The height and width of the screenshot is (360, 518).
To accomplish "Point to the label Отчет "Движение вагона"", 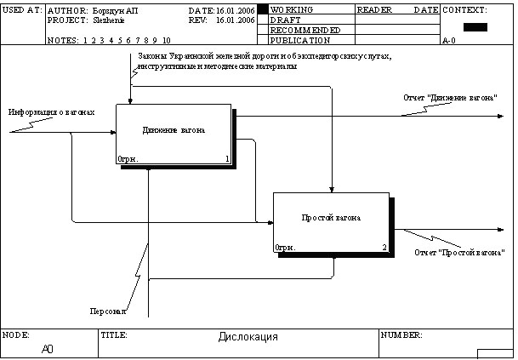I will point(450,98).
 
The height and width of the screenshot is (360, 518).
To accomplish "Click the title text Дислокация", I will point(248,338).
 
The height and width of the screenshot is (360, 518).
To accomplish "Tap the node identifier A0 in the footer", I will point(48,348).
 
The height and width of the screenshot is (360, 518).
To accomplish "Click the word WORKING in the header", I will point(291,9).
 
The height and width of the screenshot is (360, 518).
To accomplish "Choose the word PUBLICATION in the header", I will point(300,40).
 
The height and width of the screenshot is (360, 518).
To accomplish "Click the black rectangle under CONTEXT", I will point(475,27).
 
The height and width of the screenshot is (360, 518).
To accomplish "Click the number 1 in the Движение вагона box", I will point(227,158).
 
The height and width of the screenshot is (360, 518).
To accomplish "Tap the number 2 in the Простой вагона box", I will point(384,248).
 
